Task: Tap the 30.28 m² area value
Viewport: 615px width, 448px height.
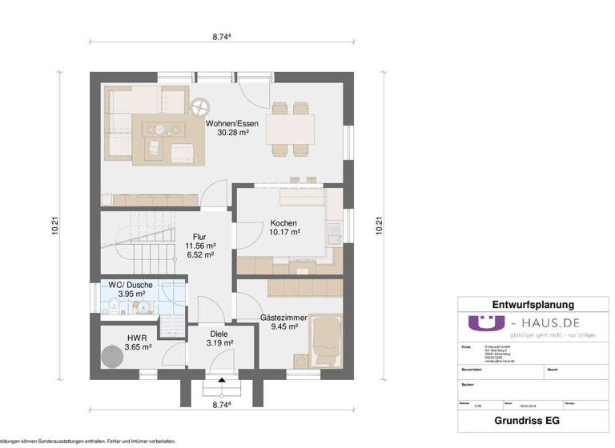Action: point(232,133)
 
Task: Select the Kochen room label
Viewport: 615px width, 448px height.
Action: point(284,222)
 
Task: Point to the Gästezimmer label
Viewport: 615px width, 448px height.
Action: point(279,318)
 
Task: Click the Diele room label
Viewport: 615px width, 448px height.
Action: point(219,334)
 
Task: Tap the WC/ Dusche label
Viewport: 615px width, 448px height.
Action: point(131,285)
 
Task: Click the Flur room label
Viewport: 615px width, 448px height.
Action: point(199,237)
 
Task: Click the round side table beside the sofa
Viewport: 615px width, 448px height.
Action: point(199,105)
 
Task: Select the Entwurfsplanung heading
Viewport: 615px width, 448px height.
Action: point(533,305)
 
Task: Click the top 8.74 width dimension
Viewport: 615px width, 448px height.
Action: point(223,37)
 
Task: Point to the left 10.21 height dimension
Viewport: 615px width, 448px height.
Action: point(54,226)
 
